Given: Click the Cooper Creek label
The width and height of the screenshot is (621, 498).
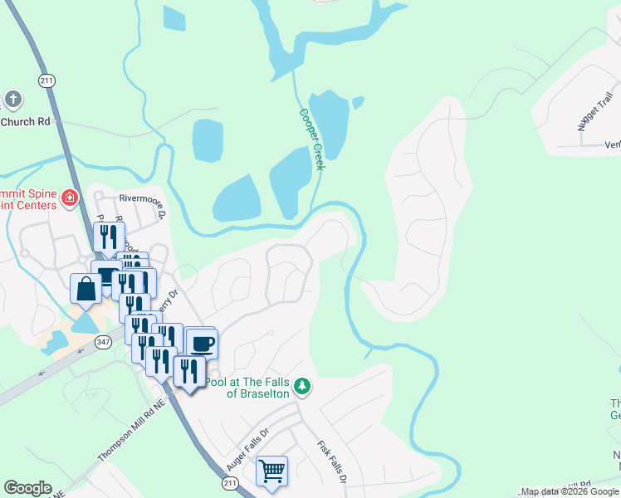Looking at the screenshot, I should click(x=310, y=139).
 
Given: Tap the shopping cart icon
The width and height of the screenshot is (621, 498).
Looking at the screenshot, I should click(x=271, y=471).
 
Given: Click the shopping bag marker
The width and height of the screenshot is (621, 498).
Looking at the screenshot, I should click(x=86, y=289).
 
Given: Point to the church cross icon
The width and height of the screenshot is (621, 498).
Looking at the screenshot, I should click(x=12, y=100).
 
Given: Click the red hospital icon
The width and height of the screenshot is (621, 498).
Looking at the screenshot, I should click(x=70, y=198).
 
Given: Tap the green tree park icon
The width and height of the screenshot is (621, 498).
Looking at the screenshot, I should click(x=303, y=386).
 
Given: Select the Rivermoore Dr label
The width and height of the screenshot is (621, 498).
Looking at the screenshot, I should click(x=144, y=198).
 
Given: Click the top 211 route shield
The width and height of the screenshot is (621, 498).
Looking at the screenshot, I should click(x=46, y=81).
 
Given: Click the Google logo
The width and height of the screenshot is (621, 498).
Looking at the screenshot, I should click(x=27, y=488).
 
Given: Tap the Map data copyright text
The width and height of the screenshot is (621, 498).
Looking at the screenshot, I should click(x=570, y=492).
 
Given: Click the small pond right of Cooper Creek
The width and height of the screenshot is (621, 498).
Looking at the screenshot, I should click(x=358, y=103).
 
